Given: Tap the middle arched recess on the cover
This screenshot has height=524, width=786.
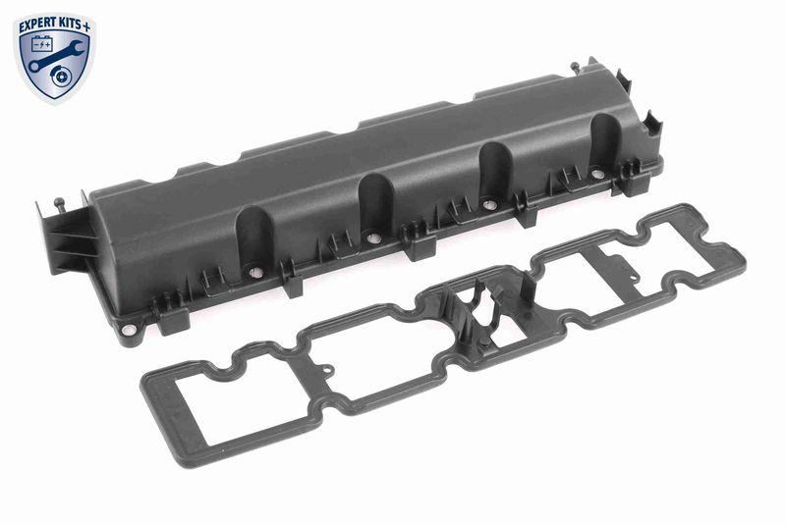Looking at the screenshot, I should coord(375,206).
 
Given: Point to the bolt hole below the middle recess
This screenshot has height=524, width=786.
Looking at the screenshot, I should coord(372,237).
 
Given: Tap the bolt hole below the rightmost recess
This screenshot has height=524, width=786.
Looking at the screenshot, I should coord(489,205).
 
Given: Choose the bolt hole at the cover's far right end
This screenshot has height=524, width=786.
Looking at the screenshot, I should coord(597,174).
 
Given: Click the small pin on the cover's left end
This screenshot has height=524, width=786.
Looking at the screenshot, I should coord(62,203).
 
